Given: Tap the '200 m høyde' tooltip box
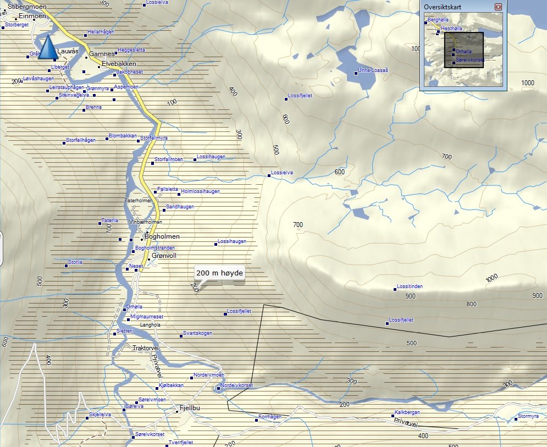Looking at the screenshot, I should (219, 273).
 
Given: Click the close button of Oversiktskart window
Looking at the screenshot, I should (498, 7).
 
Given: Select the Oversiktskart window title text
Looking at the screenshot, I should (443, 7).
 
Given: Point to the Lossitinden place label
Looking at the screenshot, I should (410, 287).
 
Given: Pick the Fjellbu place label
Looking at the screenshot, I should (191, 408).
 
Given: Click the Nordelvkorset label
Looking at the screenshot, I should (236, 385).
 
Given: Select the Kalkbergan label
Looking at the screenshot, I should (407, 412).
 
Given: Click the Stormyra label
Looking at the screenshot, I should (528, 416).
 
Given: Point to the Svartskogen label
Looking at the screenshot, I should (197, 334).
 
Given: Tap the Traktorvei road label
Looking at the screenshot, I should (146, 348).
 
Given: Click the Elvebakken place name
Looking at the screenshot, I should (119, 64).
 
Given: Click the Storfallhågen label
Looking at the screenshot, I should (81, 140).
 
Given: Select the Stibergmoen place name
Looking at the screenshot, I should (27, 7).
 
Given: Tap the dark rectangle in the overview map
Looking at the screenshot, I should (463, 50).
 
